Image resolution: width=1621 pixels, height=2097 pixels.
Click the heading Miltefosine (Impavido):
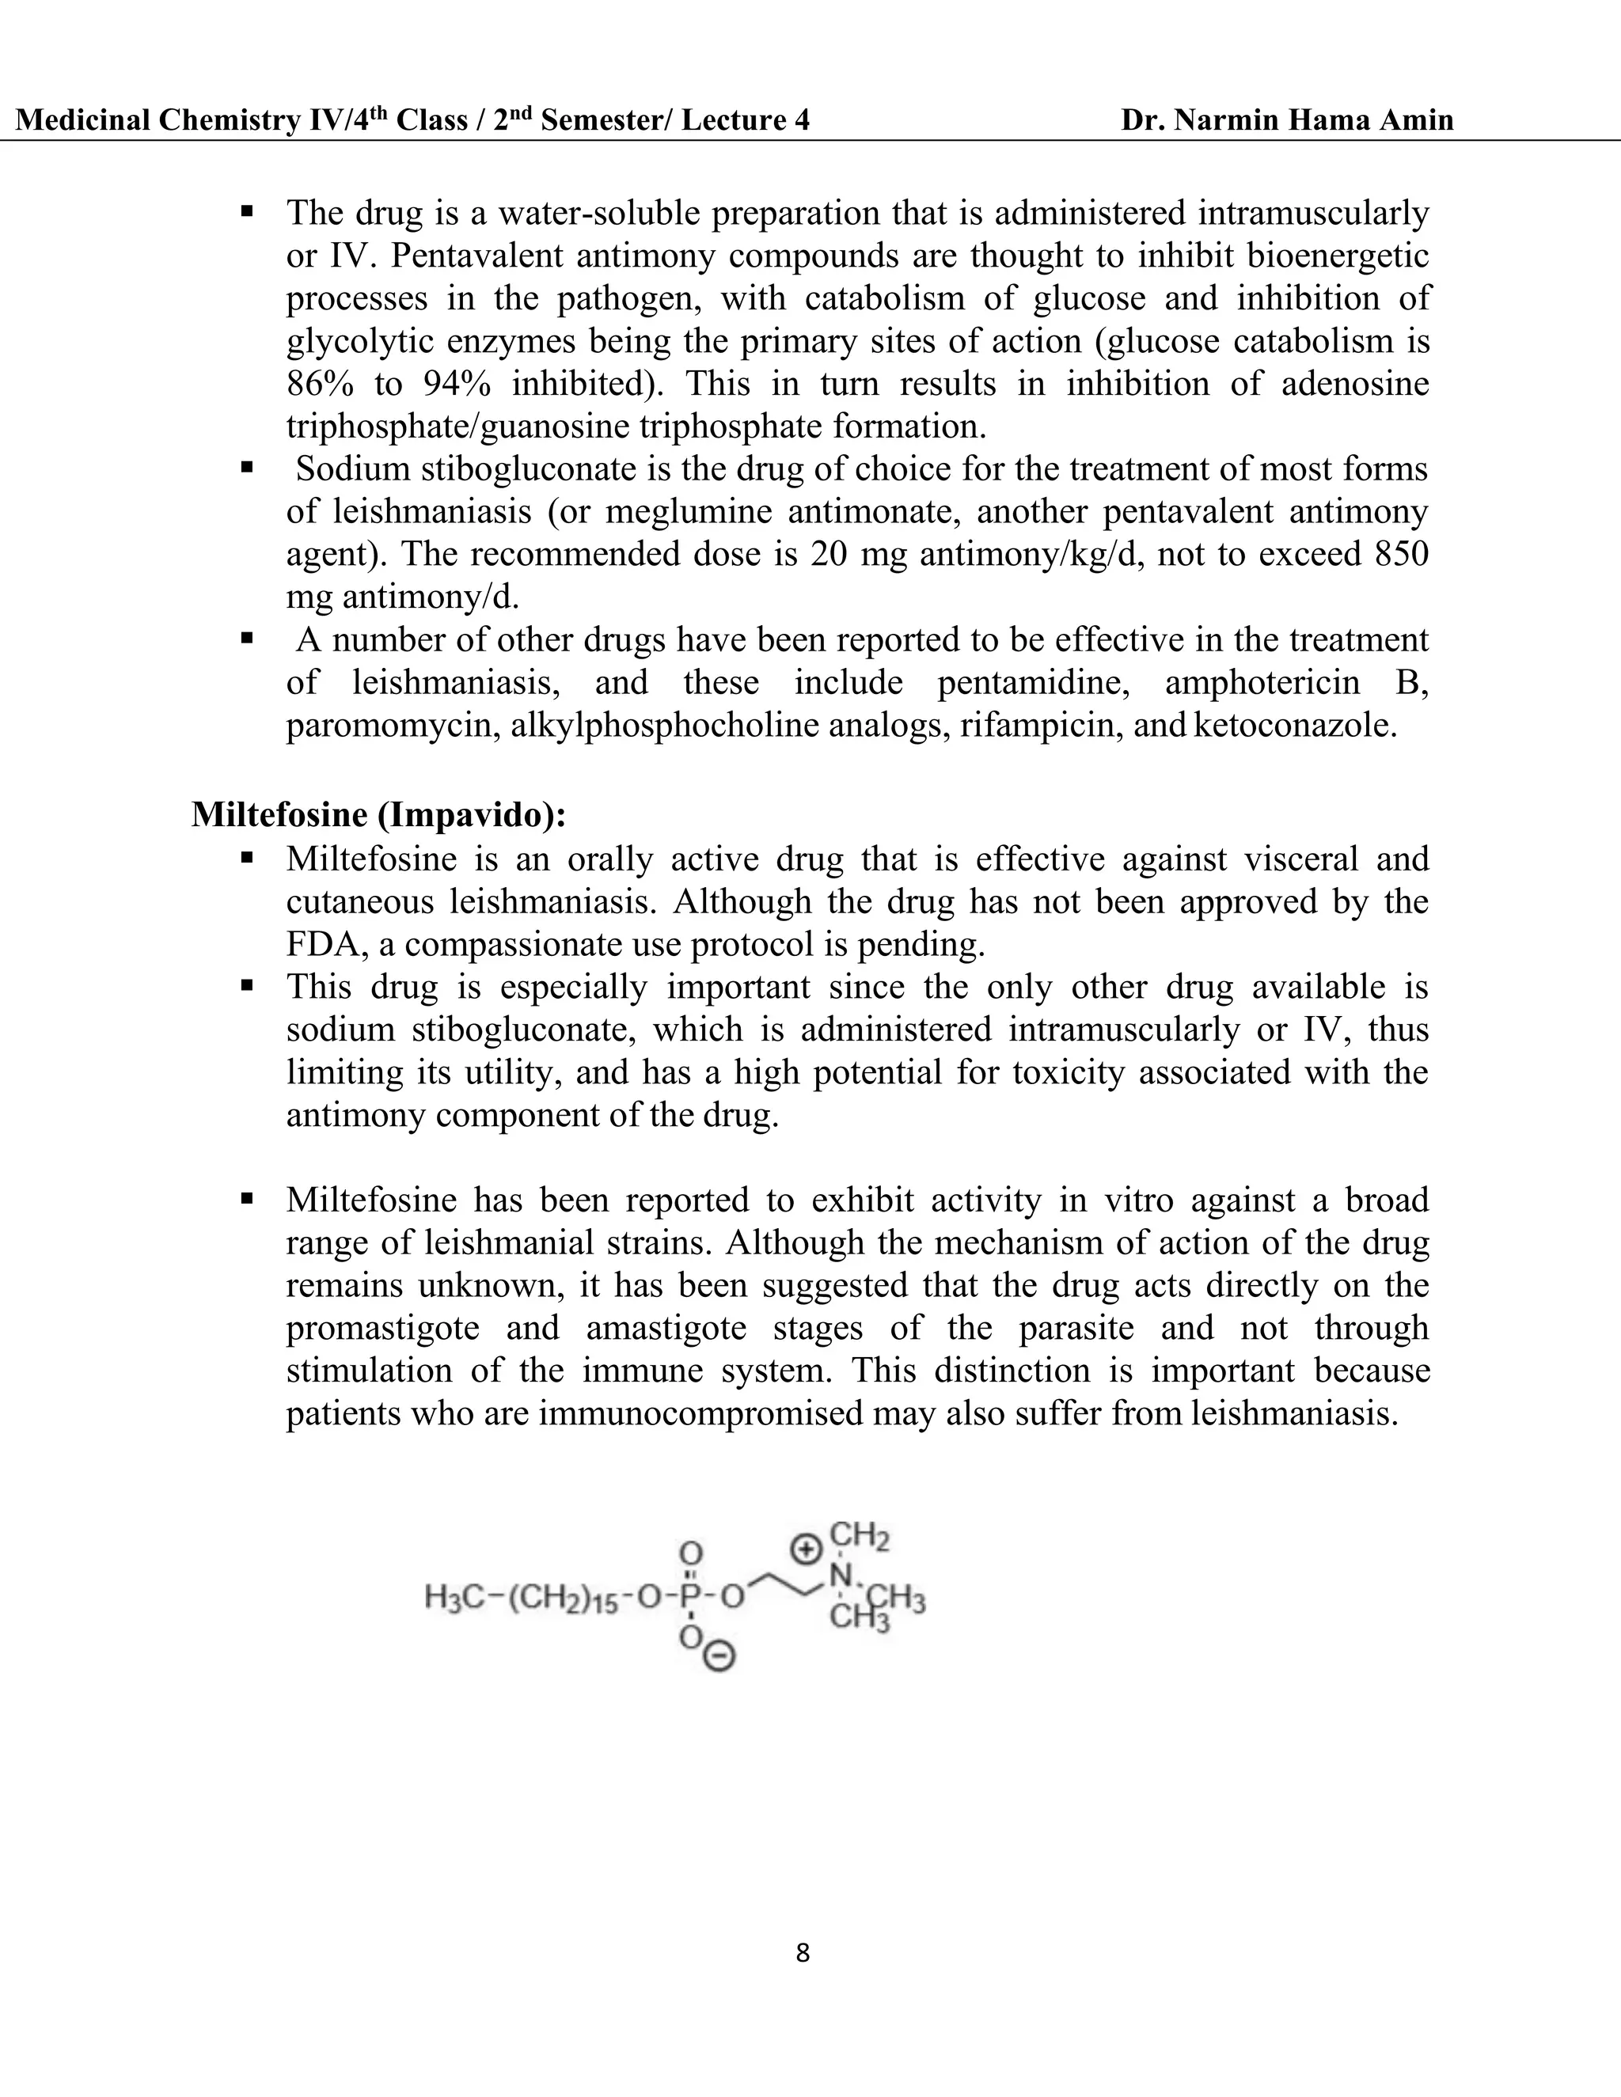point(378,814)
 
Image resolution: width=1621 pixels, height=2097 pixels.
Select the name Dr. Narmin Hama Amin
point(1287,120)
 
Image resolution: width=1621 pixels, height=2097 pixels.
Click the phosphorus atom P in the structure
point(689,1597)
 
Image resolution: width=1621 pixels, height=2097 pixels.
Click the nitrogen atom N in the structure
point(841,1576)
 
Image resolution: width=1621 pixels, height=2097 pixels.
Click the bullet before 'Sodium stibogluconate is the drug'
point(247,468)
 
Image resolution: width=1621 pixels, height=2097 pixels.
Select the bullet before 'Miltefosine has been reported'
point(247,1199)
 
